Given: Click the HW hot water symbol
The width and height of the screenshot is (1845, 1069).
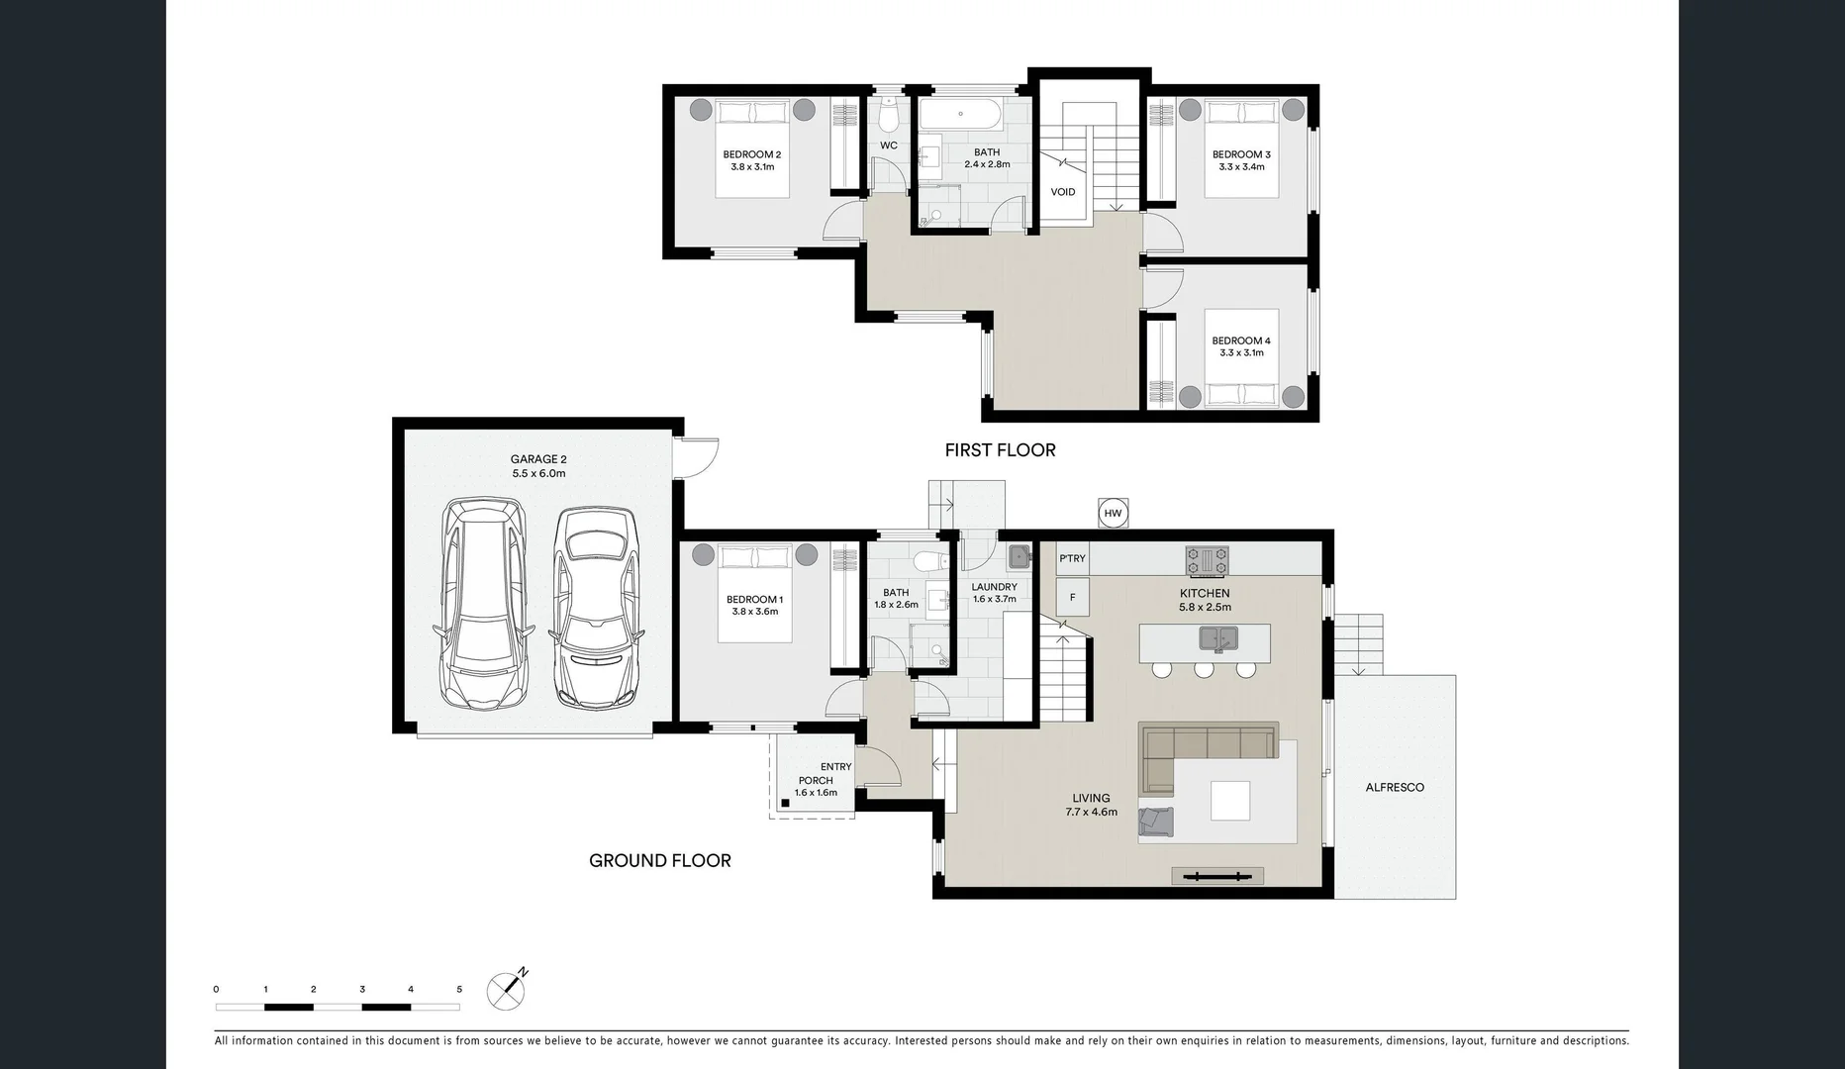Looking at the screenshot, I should (x=1113, y=513).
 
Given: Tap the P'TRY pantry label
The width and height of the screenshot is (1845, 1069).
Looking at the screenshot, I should (x=1072, y=558).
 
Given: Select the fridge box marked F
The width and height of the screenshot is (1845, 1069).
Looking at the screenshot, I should (x=1072, y=598).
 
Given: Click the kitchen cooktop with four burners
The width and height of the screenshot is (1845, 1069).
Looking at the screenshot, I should (x=1207, y=560).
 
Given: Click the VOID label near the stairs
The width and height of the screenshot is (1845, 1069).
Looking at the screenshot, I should (x=1063, y=192).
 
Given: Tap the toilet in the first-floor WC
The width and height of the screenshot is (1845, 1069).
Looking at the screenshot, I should (x=889, y=118).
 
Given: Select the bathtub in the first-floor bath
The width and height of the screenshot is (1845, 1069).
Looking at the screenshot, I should (x=960, y=116).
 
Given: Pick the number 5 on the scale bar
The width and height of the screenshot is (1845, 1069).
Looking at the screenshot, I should (x=459, y=989).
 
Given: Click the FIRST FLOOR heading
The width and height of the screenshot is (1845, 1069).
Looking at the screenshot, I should (x=1000, y=450).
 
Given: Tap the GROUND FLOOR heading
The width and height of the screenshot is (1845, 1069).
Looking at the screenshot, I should (x=660, y=861).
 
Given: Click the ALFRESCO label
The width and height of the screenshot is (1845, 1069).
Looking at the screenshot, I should (x=1395, y=788).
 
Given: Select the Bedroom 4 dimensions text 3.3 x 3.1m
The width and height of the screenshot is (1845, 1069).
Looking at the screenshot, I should (x=1241, y=352).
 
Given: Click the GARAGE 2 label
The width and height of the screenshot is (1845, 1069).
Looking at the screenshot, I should (x=538, y=459).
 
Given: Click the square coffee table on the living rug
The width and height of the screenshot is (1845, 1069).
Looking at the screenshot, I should (x=1229, y=801).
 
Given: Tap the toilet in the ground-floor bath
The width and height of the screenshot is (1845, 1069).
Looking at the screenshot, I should (x=927, y=563).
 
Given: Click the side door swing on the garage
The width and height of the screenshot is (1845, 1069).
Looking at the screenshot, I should (x=697, y=457).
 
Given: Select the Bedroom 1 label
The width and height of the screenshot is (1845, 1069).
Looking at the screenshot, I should (x=754, y=599).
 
